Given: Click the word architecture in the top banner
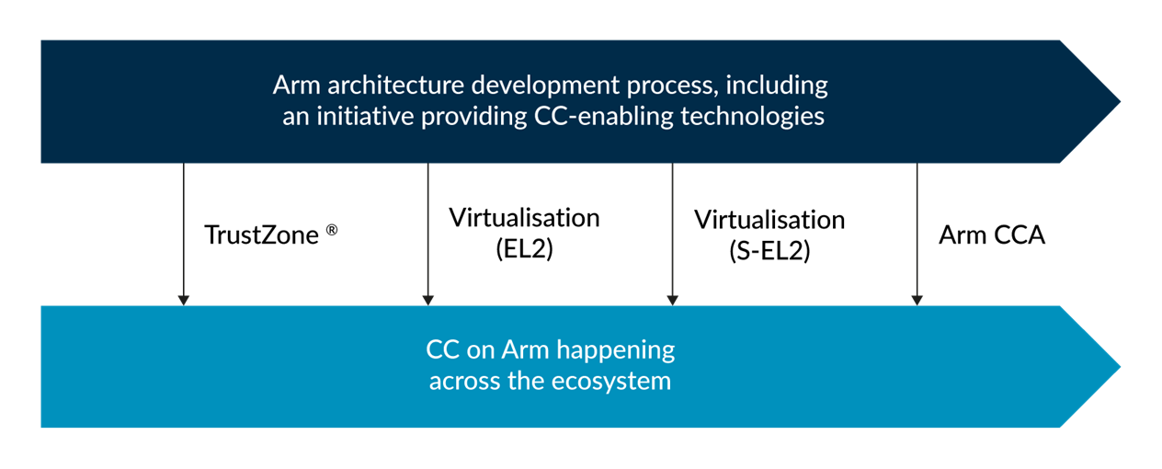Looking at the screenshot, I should pyautogui.click(x=395, y=86).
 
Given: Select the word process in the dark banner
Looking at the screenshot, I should pyautogui.click(x=673, y=86).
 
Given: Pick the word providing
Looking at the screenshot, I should pyautogui.click(x=474, y=118).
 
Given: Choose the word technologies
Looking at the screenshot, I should pyautogui.click(x=753, y=118).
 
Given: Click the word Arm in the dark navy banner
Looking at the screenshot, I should pyautogui.click(x=297, y=86).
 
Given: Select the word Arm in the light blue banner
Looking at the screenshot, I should pyautogui.click(x=526, y=350).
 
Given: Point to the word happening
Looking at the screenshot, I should pyautogui.click(x=616, y=350).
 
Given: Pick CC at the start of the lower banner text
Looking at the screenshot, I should pyautogui.click(x=441, y=350).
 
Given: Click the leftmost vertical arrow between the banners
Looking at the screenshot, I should pyautogui.click(x=184, y=234).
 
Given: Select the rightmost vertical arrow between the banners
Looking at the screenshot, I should pyautogui.click(x=917, y=234).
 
